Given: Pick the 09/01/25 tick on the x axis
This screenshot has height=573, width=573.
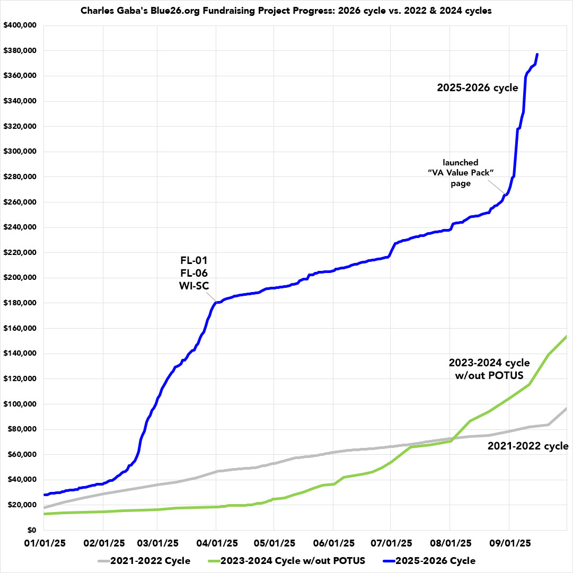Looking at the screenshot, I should (x=509, y=544).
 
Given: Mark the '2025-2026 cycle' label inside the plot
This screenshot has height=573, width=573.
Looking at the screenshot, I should (x=477, y=88).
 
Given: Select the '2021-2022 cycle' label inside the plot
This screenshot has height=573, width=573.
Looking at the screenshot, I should (x=528, y=446).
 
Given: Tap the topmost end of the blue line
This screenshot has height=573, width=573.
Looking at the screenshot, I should (x=537, y=54).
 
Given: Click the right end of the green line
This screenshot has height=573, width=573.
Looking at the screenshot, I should (x=567, y=336).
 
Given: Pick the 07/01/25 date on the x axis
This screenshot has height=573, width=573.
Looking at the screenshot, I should (x=390, y=544).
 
